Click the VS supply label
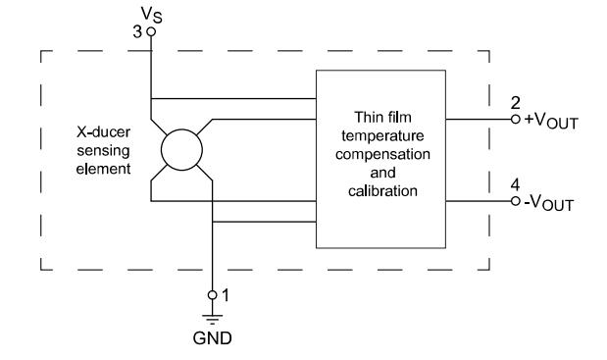point(152,15)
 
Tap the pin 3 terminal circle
point(151,31)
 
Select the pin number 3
point(137,31)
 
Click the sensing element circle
point(181,150)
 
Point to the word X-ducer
point(103,132)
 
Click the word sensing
point(103,151)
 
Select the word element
point(103,169)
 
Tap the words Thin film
point(382,117)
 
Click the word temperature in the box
point(382,136)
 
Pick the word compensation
point(382,154)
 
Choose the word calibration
point(382,191)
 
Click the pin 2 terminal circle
point(515,120)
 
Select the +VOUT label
point(551,121)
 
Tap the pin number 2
point(515,103)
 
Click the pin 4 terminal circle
point(515,201)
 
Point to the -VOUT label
point(548,203)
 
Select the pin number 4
point(515,185)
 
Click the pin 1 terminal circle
point(212,295)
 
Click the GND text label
point(212,338)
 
